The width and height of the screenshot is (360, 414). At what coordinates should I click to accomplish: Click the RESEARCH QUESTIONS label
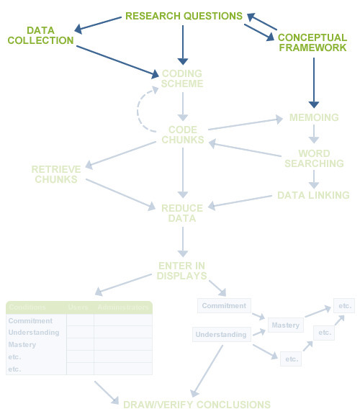pos(184,16)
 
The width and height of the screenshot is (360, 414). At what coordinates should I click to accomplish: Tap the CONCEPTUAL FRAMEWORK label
pos(312,42)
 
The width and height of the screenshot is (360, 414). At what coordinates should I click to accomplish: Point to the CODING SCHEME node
pos(182,78)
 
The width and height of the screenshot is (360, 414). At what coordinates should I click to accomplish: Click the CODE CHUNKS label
pos(182,135)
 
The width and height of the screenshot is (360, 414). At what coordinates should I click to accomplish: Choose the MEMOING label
pos(313,118)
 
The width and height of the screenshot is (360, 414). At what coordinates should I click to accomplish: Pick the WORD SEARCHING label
pos(314,158)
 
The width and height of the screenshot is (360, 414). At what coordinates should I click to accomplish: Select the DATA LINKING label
pos(313,195)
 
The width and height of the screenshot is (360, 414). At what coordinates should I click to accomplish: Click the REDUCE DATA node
pos(182,213)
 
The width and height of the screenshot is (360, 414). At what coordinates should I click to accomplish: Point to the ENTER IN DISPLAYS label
pos(182,271)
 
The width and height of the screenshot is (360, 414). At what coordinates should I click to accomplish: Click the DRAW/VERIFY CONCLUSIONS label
pos(197,405)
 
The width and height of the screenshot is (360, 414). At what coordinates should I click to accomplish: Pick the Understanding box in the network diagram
pos(221,335)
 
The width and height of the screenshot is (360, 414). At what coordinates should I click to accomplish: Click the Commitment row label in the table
pos(30,321)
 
